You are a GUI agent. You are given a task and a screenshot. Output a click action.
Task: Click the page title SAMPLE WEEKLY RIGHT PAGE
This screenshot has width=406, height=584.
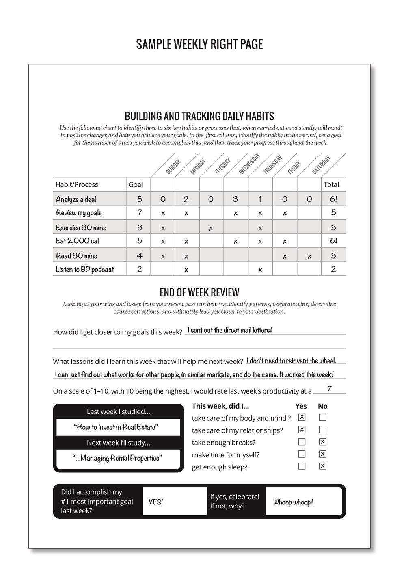(x=199, y=44)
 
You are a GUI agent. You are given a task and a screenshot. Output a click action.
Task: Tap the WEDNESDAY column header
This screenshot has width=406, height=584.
(x=249, y=164)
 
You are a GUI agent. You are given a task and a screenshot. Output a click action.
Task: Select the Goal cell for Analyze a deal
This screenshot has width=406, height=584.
(x=140, y=199)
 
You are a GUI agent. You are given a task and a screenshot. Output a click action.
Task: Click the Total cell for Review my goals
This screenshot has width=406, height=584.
(x=333, y=212)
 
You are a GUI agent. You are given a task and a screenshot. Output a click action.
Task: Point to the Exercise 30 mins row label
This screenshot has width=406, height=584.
(x=81, y=227)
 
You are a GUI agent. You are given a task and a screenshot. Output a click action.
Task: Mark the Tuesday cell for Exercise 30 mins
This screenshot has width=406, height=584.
(x=211, y=228)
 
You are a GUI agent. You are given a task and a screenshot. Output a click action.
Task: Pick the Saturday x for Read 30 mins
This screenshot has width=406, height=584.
(x=309, y=257)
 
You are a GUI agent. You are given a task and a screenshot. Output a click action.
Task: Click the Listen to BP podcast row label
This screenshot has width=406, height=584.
(x=85, y=269)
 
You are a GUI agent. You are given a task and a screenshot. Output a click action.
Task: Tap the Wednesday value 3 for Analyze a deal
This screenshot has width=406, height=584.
(x=235, y=199)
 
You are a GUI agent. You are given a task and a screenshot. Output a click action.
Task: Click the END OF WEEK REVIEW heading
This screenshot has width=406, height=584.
(x=199, y=292)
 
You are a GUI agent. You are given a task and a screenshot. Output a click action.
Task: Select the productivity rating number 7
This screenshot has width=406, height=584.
(x=329, y=389)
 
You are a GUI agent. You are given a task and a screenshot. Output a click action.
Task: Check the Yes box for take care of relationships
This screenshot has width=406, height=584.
(x=302, y=430)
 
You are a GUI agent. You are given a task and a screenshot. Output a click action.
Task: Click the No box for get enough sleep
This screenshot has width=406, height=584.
(x=323, y=466)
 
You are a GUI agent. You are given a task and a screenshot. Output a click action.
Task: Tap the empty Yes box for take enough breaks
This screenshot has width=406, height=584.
(x=302, y=442)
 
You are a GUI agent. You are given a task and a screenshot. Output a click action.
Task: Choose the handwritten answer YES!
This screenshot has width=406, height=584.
(x=155, y=502)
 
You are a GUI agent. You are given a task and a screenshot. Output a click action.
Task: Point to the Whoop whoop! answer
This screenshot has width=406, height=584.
(x=293, y=502)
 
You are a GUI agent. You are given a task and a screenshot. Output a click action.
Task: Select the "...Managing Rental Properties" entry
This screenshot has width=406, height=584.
(x=117, y=458)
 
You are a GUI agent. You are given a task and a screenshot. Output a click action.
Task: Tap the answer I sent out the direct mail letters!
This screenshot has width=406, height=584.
(x=230, y=330)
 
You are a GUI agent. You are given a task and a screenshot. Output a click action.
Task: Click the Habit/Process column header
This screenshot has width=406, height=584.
(x=77, y=184)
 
